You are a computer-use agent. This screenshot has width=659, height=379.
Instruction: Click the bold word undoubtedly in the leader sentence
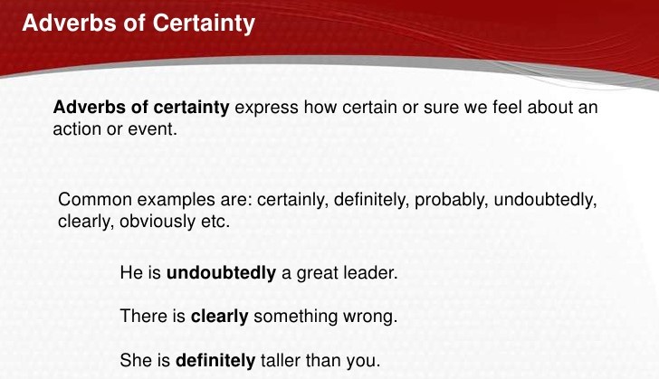click(x=222, y=271)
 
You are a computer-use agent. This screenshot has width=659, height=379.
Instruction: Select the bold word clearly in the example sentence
click(x=220, y=317)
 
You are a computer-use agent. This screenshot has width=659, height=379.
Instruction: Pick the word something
click(x=299, y=317)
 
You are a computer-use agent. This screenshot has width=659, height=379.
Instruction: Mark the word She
click(x=135, y=360)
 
